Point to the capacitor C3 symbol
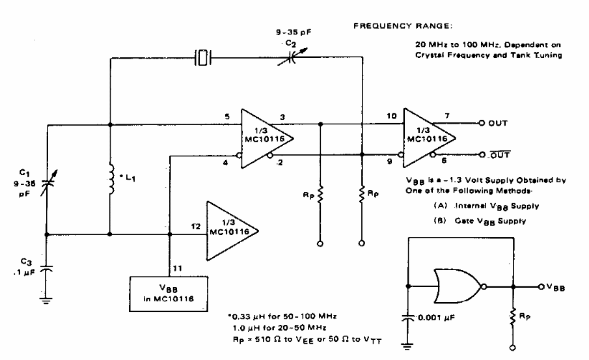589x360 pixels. coord(48,268)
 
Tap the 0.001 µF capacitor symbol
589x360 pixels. coord(408,320)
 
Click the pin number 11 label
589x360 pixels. coord(176,266)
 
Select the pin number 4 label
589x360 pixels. coord(226,163)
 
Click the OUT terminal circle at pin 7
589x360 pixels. coord(480,122)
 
